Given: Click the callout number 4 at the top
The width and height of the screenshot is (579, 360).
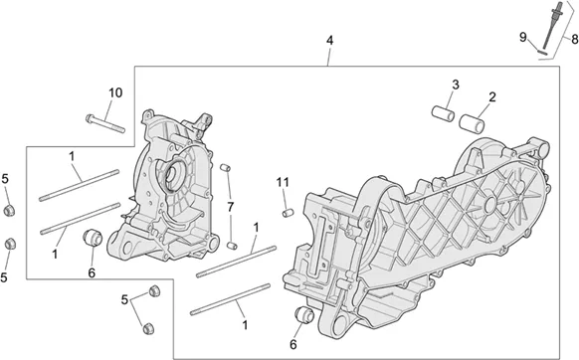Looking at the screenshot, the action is click(329, 40).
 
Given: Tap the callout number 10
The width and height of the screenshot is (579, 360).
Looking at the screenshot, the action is click(115, 92).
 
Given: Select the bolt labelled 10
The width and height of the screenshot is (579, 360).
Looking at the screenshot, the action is click(105, 123).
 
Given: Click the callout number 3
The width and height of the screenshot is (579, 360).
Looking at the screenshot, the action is click(456, 85).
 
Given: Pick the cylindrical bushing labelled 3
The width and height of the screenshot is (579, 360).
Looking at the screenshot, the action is click(443, 113).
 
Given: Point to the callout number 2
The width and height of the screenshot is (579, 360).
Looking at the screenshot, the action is click(491, 97).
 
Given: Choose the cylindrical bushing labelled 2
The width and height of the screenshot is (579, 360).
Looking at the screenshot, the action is click(472, 123).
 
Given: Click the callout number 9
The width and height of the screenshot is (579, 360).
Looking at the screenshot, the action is click(523, 37).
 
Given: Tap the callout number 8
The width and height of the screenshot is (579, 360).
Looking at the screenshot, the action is click(574, 39).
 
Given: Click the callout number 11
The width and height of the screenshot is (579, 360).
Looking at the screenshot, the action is click(283, 182).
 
